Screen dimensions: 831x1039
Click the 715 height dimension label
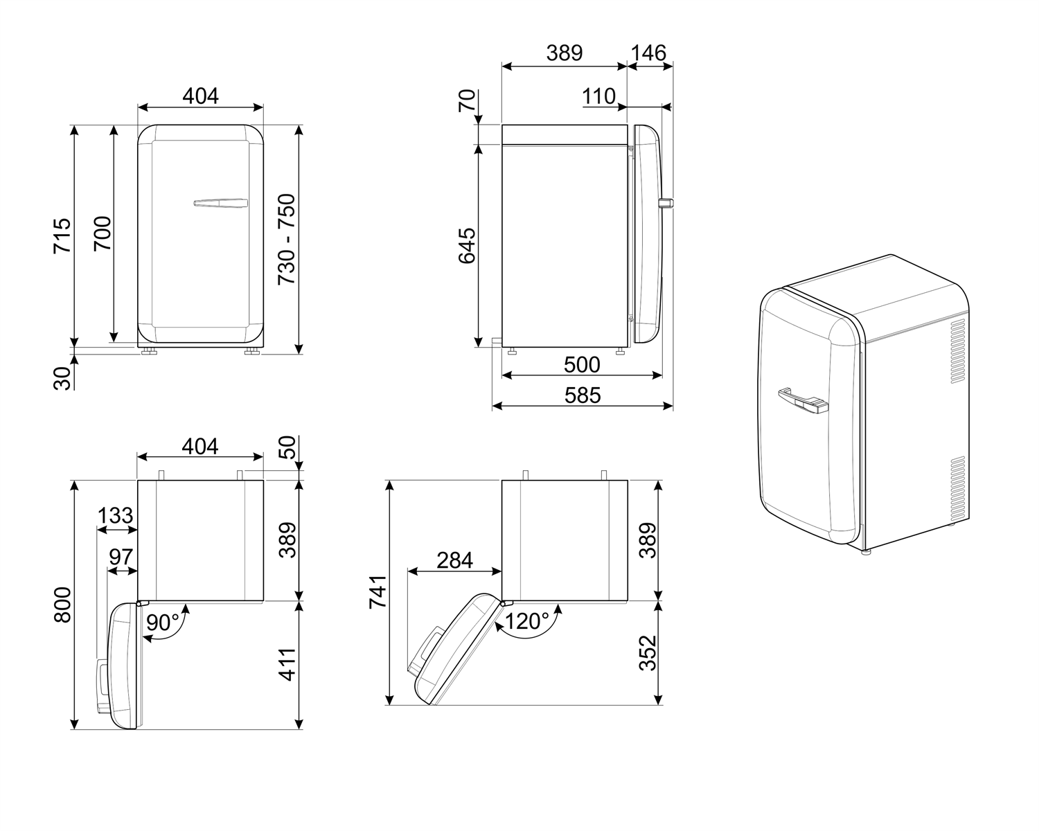pyautogui.click(x=62, y=235)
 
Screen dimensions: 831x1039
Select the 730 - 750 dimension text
pyautogui.click(x=287, y=239)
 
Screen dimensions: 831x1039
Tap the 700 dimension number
pyautogui.click(x=103, y=235)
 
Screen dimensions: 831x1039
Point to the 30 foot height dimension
pyautogui.click(x=63, y=379)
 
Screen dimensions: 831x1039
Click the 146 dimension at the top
pyautogui.click(x=649, y=53)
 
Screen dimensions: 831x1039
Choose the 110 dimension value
pyautogui.click(x=599, y=96)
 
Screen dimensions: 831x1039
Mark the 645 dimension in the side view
pyautogui.click(x=467, y=245)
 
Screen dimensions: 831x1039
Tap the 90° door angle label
pyautogui.click(x=163, y=623)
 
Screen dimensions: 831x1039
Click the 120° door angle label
pyautogui.click(x=527, y=621)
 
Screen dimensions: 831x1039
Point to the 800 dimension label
pyautogui.click(x=62, y=605)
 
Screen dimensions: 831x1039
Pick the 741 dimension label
pyautogui.click(x=378, y=592)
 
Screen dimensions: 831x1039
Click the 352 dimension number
pyautogui.click(x=648, y=653)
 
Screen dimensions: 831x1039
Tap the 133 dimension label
pyautogui.click(x=115, y=516)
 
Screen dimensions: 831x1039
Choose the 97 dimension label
pyautogui.click(x=121, y=557)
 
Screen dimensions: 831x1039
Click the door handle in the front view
pyautogui.click(x=220, y=203)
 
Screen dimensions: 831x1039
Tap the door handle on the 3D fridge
pyautogui.click(x=802, y=400)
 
